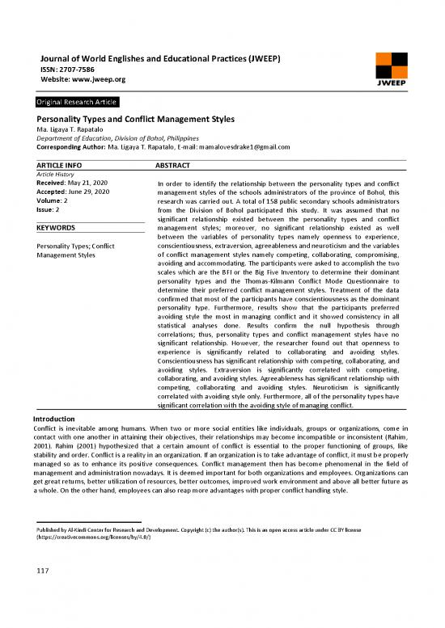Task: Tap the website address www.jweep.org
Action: [x=97, y=80]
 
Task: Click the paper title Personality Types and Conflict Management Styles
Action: [x=130, y=119]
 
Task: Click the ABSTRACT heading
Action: [x=172, y=165]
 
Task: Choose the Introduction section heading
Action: [x=52, y=419]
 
